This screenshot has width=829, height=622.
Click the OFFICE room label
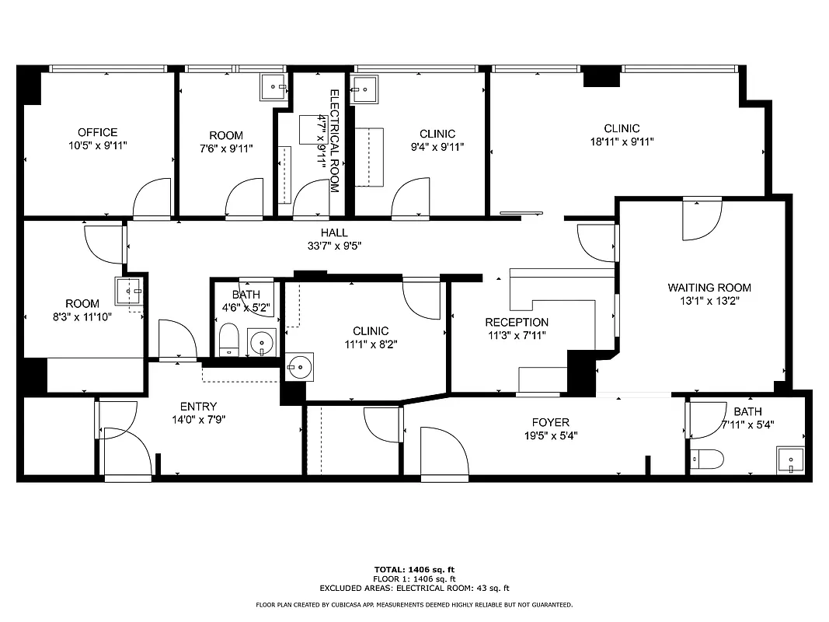tap(97, 132)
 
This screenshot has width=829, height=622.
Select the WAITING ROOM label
tap(709, 288)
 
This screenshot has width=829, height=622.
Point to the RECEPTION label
tap(517, 322)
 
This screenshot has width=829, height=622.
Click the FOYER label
tap(551, 422)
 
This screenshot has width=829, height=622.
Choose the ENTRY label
tap(198, 407)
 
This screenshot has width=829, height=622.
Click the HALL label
tap(334, 232)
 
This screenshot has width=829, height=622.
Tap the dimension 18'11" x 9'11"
tap(622, 142)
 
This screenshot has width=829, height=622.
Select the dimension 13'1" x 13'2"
tap(709, 301)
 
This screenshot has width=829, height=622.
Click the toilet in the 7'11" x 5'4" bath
tap(707, 459)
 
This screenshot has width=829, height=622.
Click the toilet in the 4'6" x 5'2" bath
tap(228, 340)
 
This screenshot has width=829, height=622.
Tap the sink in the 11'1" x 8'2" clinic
tap(299, 367)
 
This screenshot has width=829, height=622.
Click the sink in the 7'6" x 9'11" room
tap(273, 87)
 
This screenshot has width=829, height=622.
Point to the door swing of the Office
tap(152, 198)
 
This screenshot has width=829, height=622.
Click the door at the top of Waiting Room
tap(702, 219)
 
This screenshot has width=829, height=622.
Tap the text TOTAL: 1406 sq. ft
tap(414, 569)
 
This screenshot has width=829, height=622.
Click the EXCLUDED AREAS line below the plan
tap(414, 589)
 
